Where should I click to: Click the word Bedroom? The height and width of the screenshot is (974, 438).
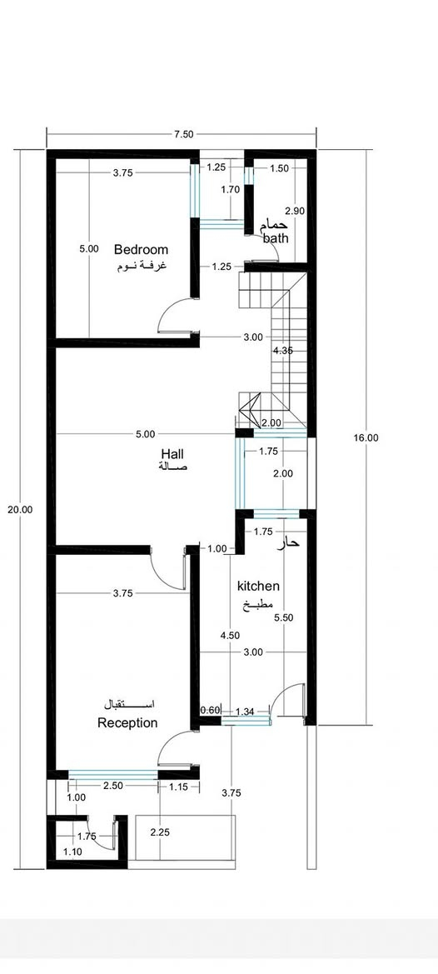141,250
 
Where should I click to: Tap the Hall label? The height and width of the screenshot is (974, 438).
172,453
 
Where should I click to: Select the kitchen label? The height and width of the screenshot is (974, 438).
259,586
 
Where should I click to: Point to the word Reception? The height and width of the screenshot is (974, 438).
127,723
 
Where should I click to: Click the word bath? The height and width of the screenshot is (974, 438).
276,238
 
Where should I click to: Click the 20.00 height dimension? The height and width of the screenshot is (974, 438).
20,509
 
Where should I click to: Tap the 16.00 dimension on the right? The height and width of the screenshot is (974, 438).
366,437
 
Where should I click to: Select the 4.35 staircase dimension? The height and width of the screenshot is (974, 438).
282,350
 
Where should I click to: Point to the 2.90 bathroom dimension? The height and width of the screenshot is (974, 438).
295,211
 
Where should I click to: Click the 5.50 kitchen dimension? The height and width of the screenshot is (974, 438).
283,617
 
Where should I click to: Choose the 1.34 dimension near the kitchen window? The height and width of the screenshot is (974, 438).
246,711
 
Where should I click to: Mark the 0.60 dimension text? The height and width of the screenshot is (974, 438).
211,711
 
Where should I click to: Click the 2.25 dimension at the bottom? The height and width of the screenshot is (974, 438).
160,832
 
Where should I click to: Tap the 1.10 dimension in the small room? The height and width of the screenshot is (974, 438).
72,852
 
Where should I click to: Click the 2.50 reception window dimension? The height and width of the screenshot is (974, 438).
113,785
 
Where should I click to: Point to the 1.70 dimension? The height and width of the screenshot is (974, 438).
230,190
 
